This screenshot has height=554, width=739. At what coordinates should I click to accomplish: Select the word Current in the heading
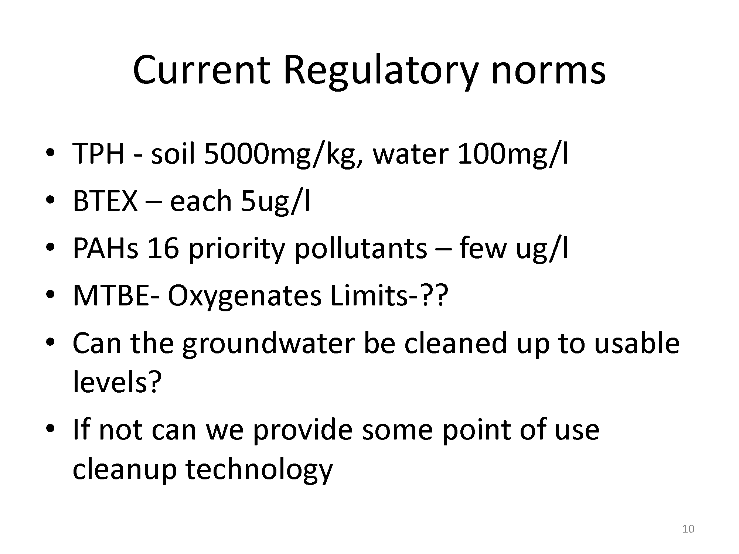202,70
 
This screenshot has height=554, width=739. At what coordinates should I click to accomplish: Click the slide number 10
688,529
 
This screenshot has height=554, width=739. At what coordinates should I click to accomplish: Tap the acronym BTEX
105,201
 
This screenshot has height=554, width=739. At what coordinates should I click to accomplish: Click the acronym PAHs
106,248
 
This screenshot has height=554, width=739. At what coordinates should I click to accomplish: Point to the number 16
163,248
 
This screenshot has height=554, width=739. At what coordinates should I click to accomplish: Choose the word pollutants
361,248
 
